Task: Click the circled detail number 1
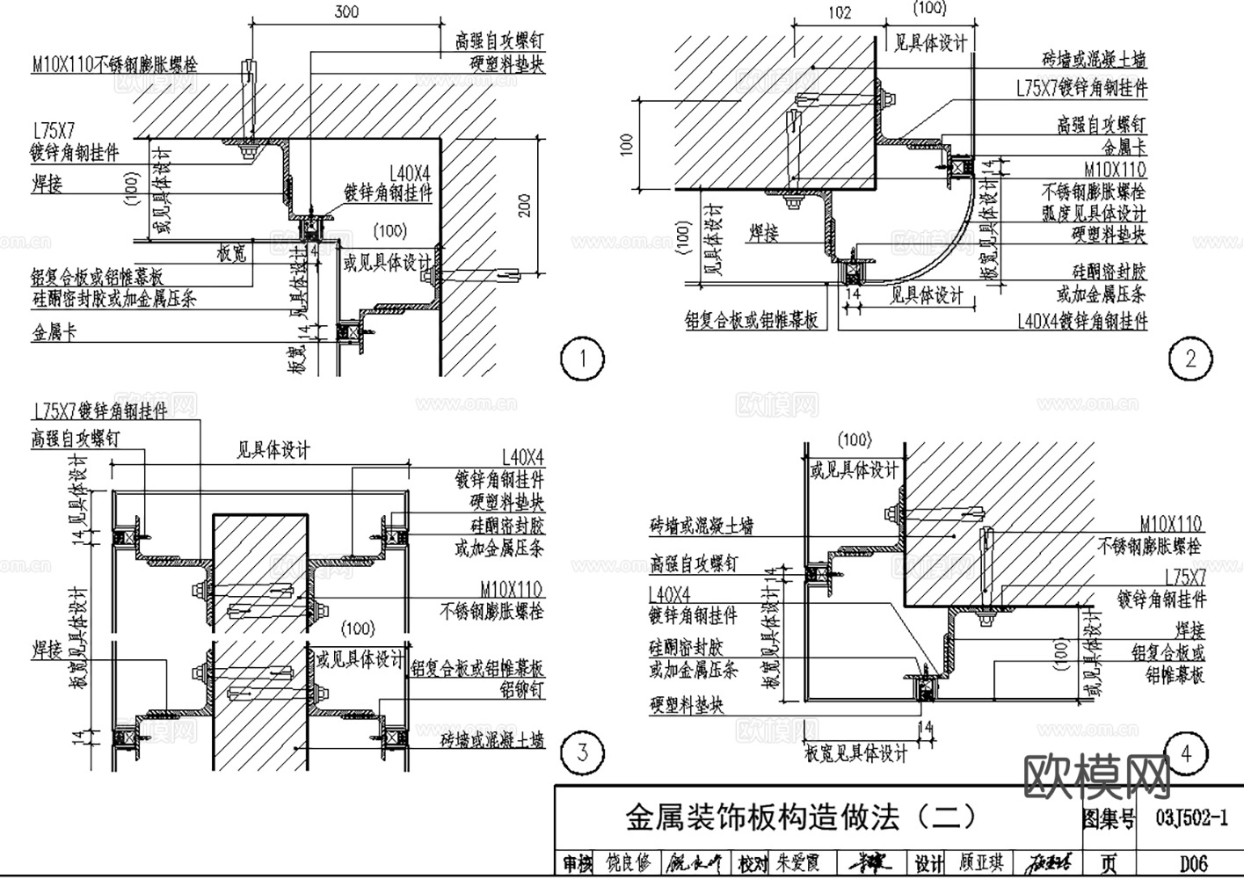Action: [x=581, y=359]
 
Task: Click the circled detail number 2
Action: [x=1190, y=359]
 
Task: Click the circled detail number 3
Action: [x=582, y=752]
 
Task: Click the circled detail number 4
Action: [x=1186, y=753]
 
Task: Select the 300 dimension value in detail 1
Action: [x=346, y=11]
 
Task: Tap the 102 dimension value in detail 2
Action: [x=840, y=11]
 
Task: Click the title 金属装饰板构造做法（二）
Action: [x=801, y=817]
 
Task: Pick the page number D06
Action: [x=1193, y=863]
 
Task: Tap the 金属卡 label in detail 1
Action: [x=55, y=333]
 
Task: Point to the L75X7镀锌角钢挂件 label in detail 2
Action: [x=1081, y=88]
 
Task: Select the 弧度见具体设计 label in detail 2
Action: [x=1094, y=214]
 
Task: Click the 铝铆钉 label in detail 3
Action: [x=522, y=689]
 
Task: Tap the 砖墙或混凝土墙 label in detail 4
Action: [x=701, y=527]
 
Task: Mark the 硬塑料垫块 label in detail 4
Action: [x=687, y=705]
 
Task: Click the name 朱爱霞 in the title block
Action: [x=797, y=864]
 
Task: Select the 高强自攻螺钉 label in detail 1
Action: [x=498, y=40]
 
